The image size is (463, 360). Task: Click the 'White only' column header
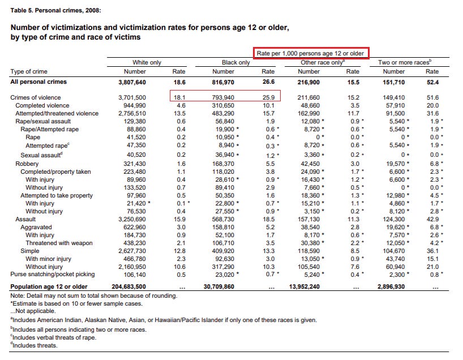coord(147,62)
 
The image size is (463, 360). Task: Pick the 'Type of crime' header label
coord(29,72)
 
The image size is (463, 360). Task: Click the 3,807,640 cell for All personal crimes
coord(131,82)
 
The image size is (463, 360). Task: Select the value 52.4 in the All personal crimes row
coord(432,82)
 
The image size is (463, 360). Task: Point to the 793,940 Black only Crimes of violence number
coord(223,98)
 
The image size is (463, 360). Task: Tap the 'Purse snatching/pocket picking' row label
coord(53,275)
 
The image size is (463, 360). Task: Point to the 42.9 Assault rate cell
coord(432,218)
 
